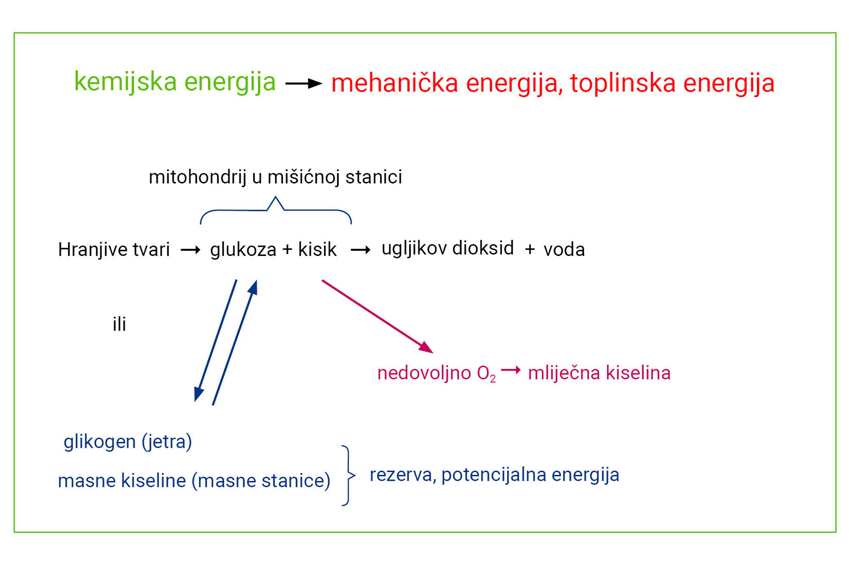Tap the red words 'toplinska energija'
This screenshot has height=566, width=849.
pos(673,84)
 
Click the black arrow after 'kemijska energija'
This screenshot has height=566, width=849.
pos(304,83)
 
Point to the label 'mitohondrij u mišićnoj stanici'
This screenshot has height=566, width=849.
pos(276,177)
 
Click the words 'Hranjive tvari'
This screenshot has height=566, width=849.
pos(114,250)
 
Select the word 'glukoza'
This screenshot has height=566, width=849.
pos(243,250)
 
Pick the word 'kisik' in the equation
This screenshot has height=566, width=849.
pos(317,250)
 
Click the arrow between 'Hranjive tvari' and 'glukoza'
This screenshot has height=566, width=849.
pos(190,250)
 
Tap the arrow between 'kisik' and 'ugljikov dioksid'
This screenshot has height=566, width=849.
pos(361,250)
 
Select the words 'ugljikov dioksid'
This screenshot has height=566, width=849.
pos(448,249)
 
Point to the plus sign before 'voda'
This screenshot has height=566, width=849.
pos(530,249)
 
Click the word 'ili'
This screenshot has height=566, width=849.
pos(119,324)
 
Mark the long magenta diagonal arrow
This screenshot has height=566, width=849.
pos(378,317)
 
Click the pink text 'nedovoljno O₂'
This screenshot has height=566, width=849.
pos(437,374)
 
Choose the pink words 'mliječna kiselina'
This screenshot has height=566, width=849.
pos(599,373)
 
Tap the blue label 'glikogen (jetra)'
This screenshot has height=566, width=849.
pos(128,442)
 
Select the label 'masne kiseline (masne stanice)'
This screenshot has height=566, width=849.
pos(194,481)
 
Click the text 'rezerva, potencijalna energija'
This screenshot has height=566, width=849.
pos(494,475)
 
